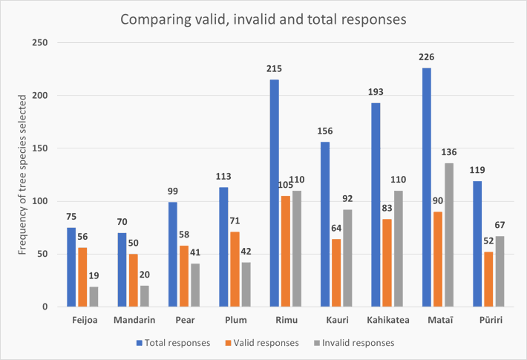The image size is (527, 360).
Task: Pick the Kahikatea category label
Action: (384, 321)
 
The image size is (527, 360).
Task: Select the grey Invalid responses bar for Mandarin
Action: (145, 296)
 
